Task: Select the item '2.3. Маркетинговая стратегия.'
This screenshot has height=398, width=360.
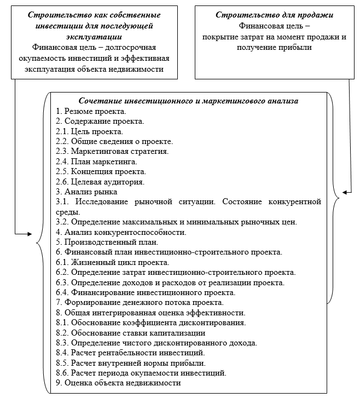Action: pyautogui.click(x=112, y=151)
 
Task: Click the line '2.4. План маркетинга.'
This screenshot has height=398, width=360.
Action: pyautogui.click(x=96, y=161)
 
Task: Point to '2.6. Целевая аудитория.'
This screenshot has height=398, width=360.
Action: pyautogui.click(x=100, y=181)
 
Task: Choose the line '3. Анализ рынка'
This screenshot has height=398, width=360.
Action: pyautogui.click(x=86, y=192)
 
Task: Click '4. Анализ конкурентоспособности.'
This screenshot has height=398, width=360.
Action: pyautogui.click(x=121, y=232)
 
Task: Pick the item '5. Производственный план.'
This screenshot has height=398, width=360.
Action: pyautogui.click(x=107, y=241)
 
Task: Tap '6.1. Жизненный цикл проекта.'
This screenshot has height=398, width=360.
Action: pyautogui.click(x=108, y=262)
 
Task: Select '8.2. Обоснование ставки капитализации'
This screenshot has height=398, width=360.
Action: pyautogui.click(x=131, y=332)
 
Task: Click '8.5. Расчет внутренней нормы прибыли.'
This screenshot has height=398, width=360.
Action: pyautogui.click(x=131, y=362)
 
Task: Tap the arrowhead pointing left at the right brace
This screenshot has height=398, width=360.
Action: pyautogui.click(x=345, y=192)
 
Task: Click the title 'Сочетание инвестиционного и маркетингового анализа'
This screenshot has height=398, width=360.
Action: pyautogui.click(x=188, y=101)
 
